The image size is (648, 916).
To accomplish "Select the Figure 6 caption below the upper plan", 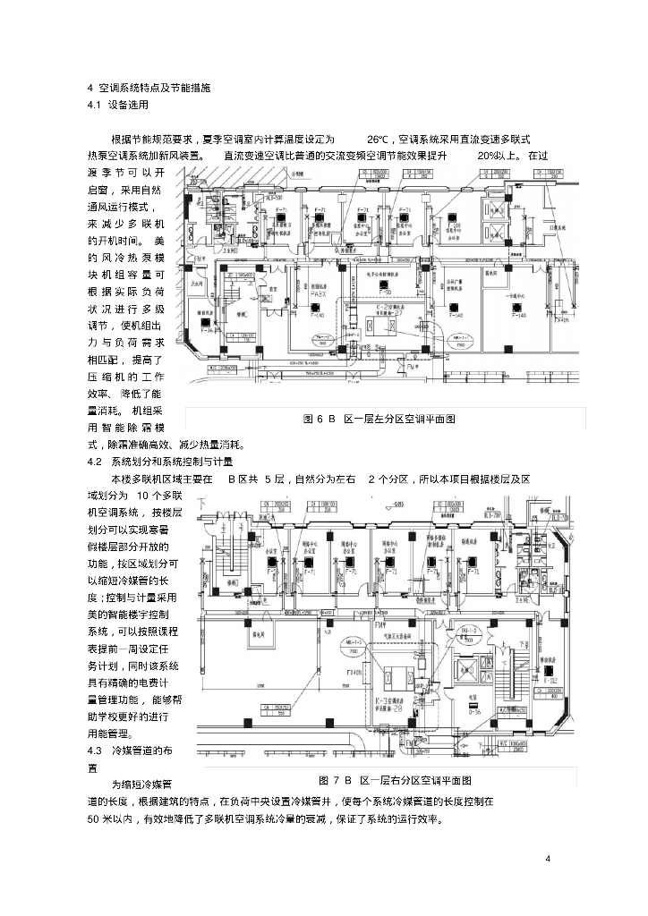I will (379, 419).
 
